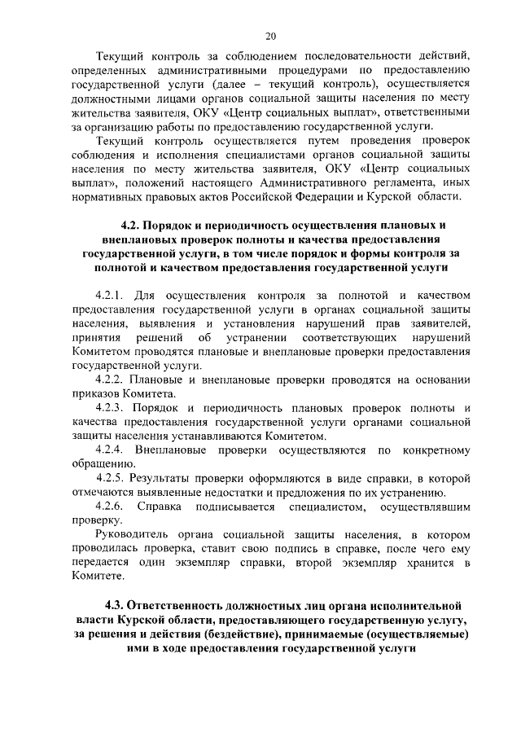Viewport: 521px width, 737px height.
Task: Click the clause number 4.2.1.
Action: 112,294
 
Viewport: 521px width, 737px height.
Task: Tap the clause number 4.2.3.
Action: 112,407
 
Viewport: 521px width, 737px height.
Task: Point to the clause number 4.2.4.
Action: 112,450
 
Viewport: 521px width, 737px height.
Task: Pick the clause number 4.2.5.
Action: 112,478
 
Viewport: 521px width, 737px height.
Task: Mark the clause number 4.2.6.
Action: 112,507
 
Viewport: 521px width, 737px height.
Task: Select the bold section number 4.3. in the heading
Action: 120,606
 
